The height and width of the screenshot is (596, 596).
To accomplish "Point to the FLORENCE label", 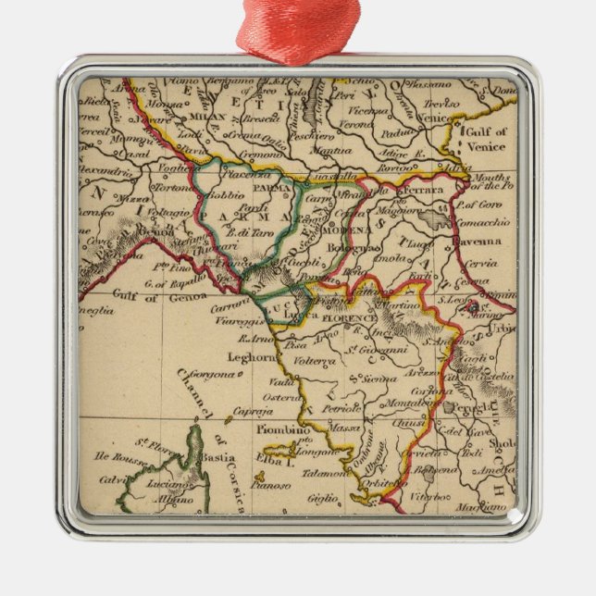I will click(349, 318).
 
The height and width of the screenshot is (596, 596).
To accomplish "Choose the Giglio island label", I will click(323, 497).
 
